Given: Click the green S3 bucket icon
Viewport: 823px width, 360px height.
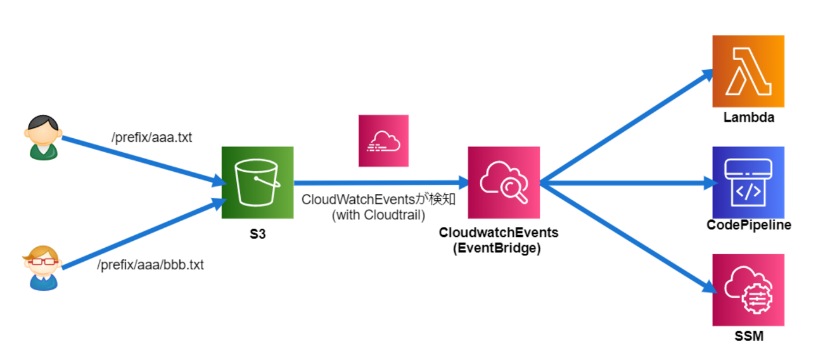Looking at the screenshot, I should pyautogui.click(x=257, y=183).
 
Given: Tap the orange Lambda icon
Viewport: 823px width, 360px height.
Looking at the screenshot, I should pyautogui.click(x=748, y=71).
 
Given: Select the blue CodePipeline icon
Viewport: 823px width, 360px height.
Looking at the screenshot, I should pyautogui.click(x=748, y=183).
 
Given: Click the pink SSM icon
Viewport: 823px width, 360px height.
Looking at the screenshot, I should pyautogui.click(x=748, y=290).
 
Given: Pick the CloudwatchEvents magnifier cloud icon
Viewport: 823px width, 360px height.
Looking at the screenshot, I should pyautogui.click(x=504, y=183).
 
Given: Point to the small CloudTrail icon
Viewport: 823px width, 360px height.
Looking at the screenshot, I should pyautogui.click(x=383, y=141).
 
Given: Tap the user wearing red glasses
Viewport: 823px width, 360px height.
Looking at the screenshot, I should pyautogui.click(x=43, y=267).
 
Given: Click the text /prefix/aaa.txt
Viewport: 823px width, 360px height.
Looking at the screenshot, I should pyautogui.click(x=151, y=138).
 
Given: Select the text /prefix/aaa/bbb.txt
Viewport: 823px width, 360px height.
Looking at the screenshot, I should pyautogui.click(x=150, y=265).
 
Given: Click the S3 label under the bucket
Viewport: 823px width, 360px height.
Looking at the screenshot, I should pyautogui.click(x=257, y=234).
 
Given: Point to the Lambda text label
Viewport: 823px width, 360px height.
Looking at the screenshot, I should pyautogui.click(x=748, y=117).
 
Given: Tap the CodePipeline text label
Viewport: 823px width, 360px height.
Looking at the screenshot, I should pyautogui.click(x=748, y=226).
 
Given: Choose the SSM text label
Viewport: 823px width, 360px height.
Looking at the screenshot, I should pyautogui.click(x=748, y=336).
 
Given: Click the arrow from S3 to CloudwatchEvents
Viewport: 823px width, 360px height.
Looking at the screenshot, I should pyautogui.click(x=380, y=183).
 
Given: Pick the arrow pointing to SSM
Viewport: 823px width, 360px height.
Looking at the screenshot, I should pyautogui.click(x=627, y=238).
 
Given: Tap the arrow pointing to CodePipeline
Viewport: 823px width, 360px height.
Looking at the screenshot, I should pyautogui.click(x=627, y=183).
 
